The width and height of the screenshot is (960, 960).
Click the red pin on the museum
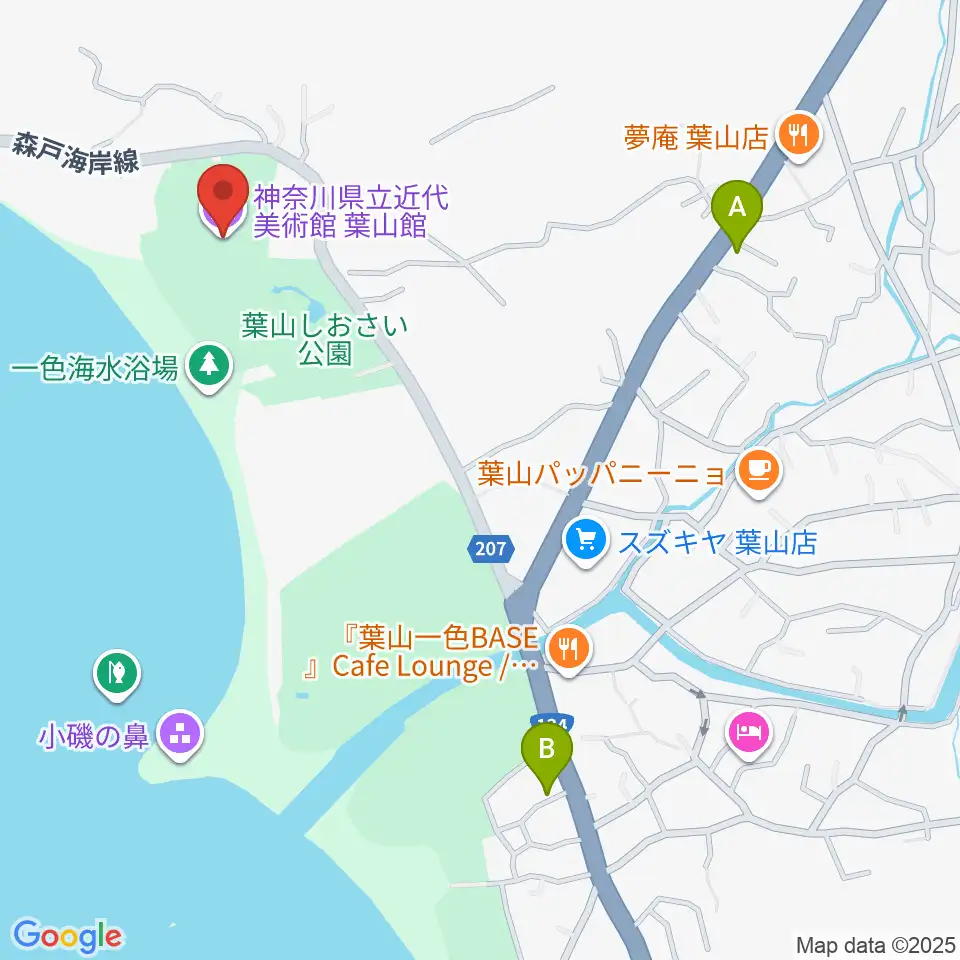click(x=222, y=195)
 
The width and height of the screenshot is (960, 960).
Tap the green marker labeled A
click(x=737, y=210)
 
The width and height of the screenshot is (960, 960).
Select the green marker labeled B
click(x=546, y=750)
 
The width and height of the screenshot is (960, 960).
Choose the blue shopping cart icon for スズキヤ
click(x=585, y=542)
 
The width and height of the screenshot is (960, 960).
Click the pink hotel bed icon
click(x=750, y=733)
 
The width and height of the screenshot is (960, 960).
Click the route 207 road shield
click(x=490, y=548)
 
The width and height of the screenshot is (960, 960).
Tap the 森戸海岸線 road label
click(x=75, y=152)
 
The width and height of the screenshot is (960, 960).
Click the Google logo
click(x=67, y=935)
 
